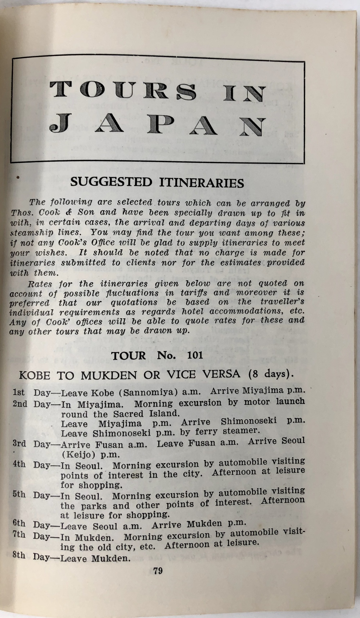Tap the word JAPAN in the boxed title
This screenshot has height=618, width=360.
coord(157,126)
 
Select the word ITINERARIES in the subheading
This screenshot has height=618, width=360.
coord(202,182)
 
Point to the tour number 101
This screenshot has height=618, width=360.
coord(195,355)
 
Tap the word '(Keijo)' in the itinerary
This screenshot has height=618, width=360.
coord(78,454)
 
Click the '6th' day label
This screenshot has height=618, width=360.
coord(19,523)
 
